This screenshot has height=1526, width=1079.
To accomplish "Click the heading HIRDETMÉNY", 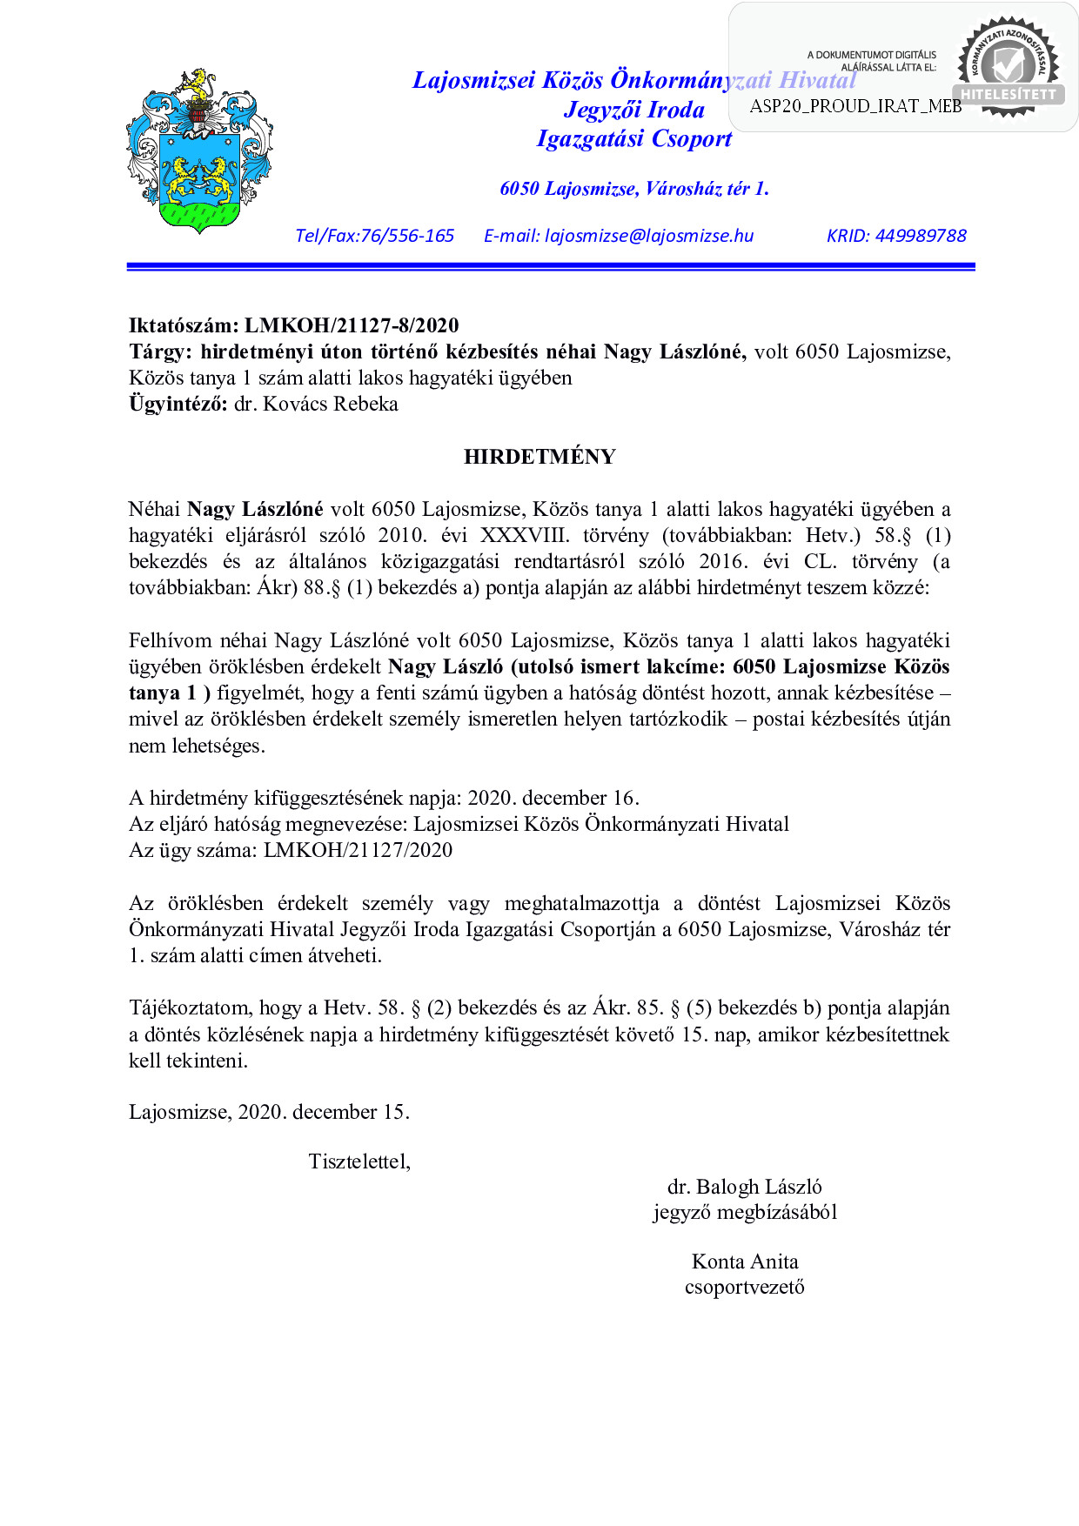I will coord(539,457).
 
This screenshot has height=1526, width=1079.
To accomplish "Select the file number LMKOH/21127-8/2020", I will coord(352,325).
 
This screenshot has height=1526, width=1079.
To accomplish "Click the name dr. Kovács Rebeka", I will coord(316,404).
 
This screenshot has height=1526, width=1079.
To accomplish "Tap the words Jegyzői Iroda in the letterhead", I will coord(634,110).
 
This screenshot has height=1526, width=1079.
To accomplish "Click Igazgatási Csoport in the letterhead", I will coord(634,138).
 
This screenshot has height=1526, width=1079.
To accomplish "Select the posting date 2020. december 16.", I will coord(553,798).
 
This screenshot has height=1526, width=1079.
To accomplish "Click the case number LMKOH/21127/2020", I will coord(358,850).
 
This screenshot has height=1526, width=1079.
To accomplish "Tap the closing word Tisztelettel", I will coord(359,1161).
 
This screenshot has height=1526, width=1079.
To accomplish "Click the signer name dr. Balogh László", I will coord(744,1187).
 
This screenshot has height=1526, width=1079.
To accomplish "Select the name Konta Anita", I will coord(744,1262).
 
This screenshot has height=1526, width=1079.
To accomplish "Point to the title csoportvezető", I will coord(744,1287).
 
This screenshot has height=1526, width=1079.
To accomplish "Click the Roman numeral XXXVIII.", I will coord(524,535).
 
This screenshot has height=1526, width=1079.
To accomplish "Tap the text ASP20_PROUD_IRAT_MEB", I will coord(855,106).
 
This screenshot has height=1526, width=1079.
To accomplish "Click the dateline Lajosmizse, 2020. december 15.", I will coord(269,1112).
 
